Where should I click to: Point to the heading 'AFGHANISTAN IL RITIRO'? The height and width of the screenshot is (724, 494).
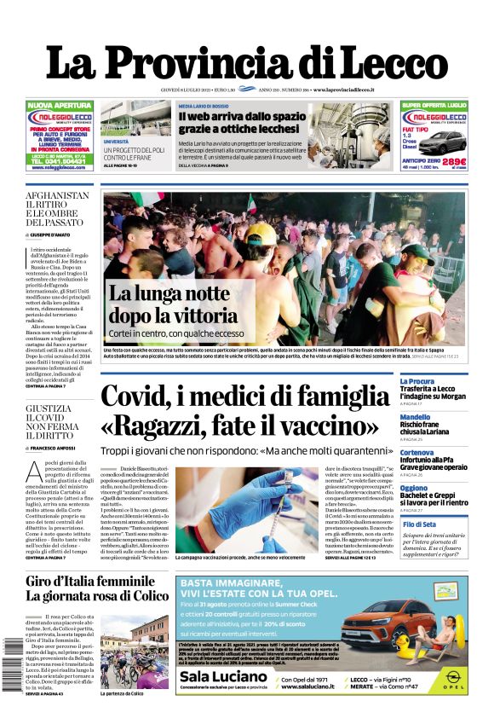click(57, 201)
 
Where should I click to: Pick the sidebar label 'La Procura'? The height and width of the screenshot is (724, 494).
click(417, 381)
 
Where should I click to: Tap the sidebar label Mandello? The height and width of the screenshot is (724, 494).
click(416, 417)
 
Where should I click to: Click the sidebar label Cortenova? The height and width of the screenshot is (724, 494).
click(417, 452)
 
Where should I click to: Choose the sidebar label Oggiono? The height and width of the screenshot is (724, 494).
click(415, 488)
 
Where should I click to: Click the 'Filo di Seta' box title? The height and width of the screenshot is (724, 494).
click(419, 524)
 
